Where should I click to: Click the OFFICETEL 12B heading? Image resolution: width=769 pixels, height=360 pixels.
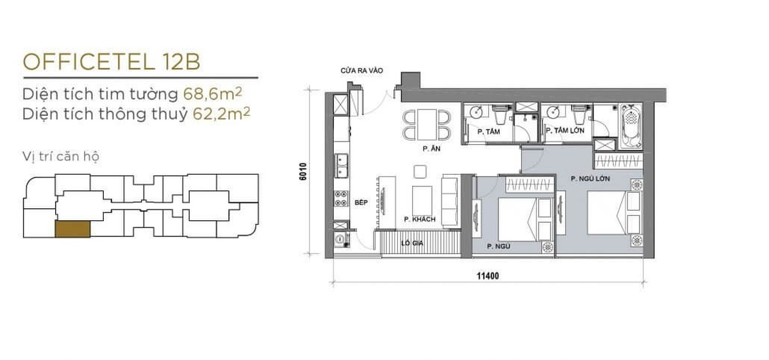112,62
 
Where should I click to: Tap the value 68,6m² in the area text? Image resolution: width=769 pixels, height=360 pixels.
213,94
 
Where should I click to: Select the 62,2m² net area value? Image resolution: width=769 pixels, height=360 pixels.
222,113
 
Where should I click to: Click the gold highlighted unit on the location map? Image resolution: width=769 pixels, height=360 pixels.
73,229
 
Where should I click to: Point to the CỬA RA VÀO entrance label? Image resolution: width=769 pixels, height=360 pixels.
361,70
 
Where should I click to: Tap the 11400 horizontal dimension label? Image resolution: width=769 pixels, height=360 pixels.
488,275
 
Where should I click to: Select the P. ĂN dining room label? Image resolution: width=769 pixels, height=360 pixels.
431,149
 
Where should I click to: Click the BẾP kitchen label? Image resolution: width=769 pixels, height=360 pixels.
361,202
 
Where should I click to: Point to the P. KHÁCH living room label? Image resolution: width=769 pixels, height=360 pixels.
420,219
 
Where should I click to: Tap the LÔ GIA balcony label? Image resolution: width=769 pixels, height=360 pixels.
412,243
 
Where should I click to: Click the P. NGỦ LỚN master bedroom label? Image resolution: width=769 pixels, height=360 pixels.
590,179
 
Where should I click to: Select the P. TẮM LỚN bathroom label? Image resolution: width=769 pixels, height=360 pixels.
565,131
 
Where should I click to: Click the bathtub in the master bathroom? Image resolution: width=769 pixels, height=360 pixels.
631,127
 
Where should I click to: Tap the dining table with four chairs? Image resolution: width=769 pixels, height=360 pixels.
427,124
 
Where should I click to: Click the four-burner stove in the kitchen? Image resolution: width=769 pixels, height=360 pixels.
341,199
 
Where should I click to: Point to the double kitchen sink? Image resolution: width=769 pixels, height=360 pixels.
341,166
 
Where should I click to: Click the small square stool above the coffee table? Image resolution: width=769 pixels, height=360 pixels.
420,172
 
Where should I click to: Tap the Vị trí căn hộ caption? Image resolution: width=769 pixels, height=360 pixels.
61,156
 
